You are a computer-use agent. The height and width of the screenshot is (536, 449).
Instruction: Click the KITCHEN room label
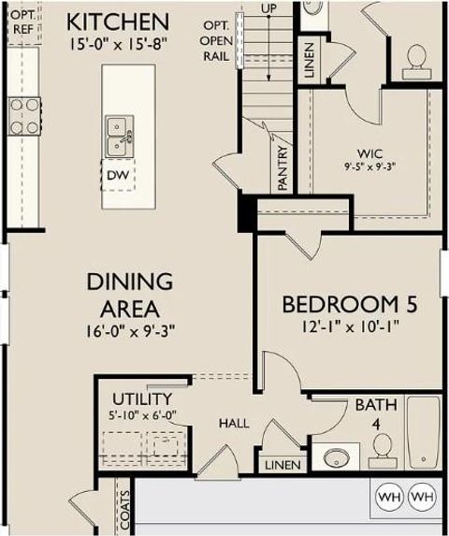click(x=118, y=21)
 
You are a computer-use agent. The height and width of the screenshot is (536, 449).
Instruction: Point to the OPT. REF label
click(x=22, y=22)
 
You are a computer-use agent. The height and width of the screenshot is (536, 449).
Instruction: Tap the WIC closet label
click(x=369, y=153)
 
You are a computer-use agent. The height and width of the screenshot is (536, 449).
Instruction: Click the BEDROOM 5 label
click(x=349, y=305)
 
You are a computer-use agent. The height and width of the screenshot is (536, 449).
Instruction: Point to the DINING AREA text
click(x=130, y=294)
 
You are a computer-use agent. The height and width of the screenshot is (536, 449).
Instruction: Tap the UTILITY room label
click(x=141, y=398)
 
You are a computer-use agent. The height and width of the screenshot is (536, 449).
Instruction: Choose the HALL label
click(x=234, y=424)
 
